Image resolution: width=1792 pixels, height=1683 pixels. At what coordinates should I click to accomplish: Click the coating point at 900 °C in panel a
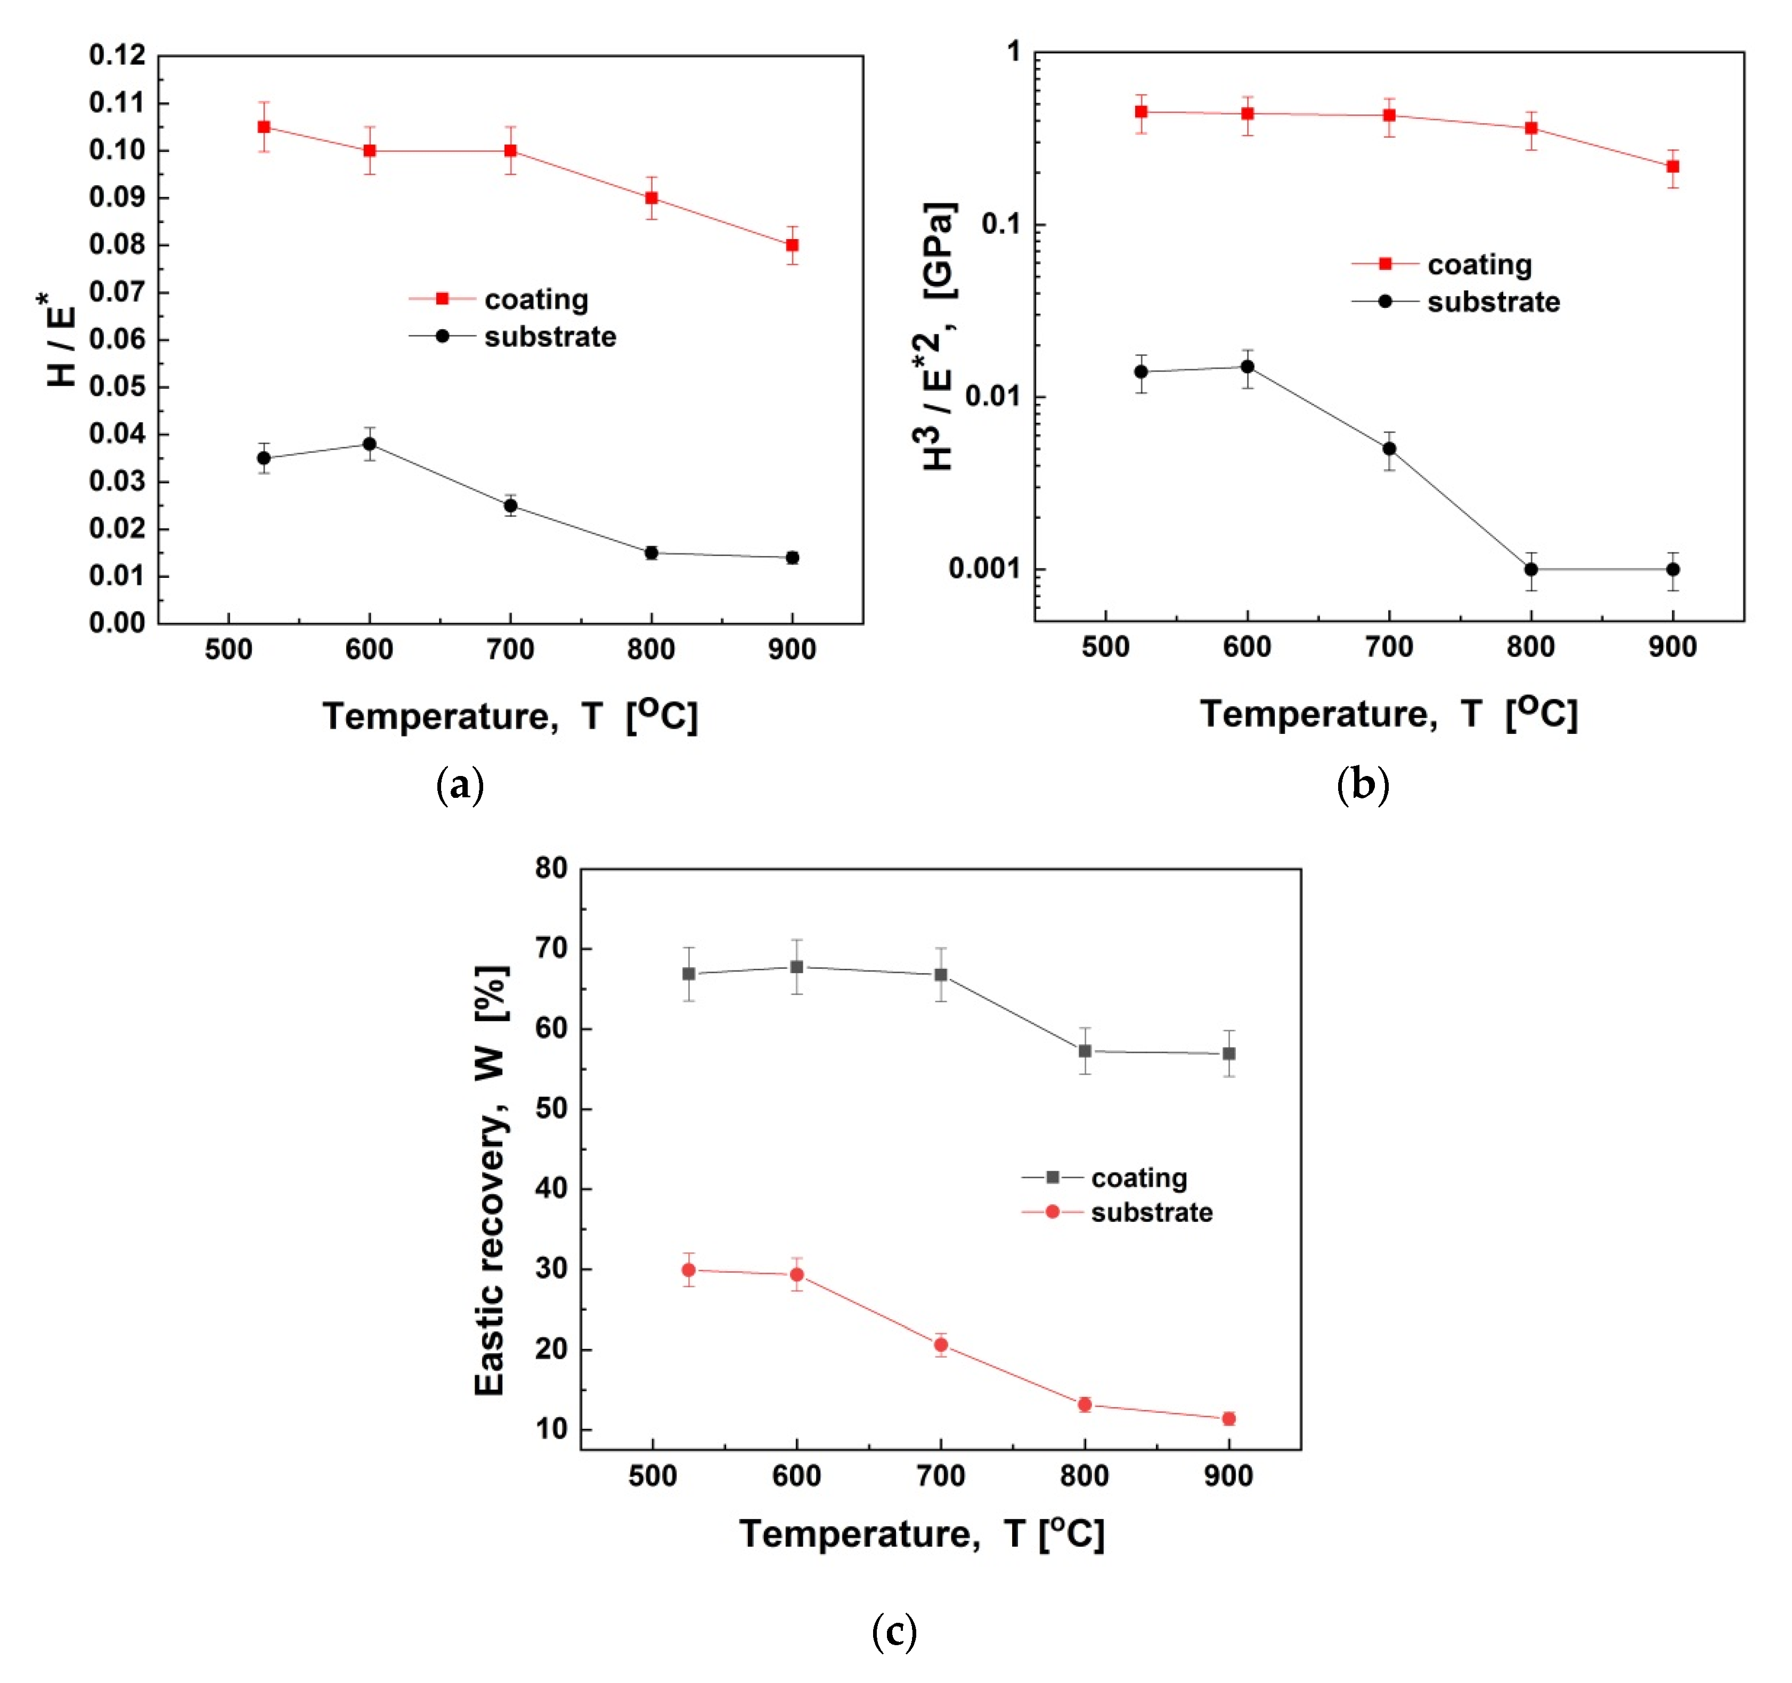pos(792,245)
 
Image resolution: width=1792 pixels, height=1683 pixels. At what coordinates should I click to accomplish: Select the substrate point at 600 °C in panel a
pos(370,444)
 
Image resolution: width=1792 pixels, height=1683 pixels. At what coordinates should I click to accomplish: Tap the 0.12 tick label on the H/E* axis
pos(117,55)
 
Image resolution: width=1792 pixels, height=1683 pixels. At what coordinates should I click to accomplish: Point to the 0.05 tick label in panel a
pos(117,387)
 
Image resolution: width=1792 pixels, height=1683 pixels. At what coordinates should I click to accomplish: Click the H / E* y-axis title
pos(60,341)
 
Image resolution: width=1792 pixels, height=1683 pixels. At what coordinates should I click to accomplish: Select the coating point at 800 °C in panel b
pos(1530,128)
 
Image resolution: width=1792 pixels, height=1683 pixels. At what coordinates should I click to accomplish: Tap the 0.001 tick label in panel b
pos(984,569)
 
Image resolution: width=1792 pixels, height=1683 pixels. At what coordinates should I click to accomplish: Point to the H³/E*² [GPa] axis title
pos(938,336)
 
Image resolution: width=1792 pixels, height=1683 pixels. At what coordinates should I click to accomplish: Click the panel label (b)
pos(1362,785)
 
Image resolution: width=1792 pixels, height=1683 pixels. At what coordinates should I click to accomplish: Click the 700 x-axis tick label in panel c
pos(940,1476)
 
